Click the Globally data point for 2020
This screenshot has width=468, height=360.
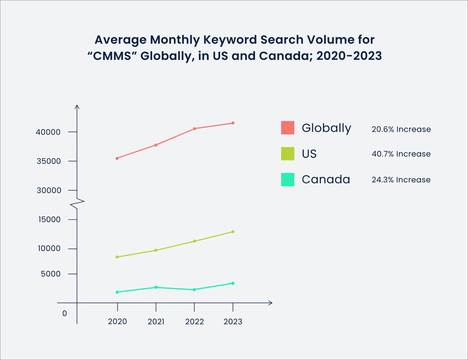(x=117, y=158)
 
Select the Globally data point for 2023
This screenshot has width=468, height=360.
(x=233, y=123)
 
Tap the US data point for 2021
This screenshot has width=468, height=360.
(x=156, y=250)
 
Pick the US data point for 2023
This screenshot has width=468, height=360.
(x=233, y=232)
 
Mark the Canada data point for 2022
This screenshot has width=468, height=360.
(x=194, y=289)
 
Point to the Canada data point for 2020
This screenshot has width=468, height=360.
(x=117, y=292)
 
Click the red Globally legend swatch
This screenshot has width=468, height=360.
(x=287, y=128)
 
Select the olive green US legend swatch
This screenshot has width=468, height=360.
(x=287, y=154)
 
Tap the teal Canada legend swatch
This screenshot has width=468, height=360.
(x=287, y=180)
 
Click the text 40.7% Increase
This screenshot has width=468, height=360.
(x=401, y=154)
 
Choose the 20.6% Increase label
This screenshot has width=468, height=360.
(x=401, y=129)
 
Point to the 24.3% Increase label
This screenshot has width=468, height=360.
(x=401, y=180)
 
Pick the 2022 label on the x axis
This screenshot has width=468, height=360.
(x=194, y=322)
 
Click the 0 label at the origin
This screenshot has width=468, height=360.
(x=65, y=313)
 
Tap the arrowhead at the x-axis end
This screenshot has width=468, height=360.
(x=270, y=303)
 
